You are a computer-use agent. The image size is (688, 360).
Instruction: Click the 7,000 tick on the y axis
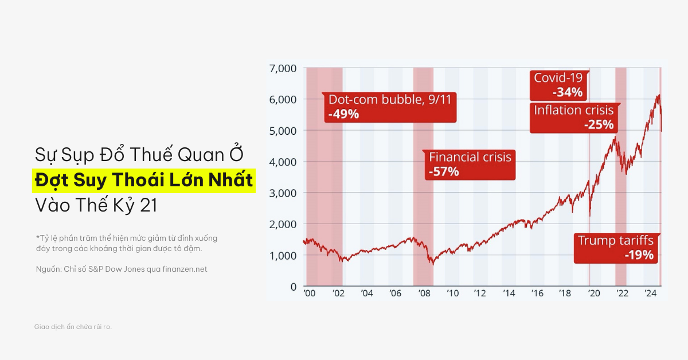282,69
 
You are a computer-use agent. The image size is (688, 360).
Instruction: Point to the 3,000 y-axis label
282,193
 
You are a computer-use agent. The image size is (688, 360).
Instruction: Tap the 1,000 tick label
282,255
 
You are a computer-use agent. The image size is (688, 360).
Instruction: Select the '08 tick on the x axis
424,294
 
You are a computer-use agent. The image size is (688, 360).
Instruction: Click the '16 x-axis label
537,294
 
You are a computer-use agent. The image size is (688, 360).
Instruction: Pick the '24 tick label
650,294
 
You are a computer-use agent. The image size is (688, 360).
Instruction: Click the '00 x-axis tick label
310,294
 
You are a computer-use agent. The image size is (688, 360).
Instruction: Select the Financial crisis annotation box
470,164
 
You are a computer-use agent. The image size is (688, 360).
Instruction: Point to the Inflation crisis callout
573,117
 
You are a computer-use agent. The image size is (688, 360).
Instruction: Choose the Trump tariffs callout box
616,248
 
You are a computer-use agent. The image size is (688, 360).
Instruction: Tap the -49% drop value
343,114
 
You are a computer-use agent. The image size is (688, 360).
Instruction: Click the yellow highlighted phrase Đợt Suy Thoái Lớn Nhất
143,180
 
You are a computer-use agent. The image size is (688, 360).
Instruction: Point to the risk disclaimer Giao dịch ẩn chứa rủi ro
73,327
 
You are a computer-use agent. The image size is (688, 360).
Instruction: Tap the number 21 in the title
148,205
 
